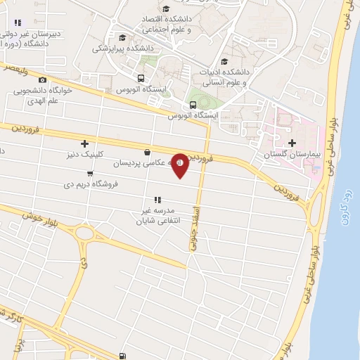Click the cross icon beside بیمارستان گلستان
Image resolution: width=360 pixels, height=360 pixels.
click(292, 143)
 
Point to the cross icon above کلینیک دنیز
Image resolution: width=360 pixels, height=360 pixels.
click(84, 143)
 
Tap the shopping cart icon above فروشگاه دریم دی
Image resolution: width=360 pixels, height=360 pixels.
click(90, 174)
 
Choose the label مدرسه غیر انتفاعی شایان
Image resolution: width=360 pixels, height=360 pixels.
click(157, 214)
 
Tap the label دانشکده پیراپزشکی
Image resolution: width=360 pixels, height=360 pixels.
click(120, 49)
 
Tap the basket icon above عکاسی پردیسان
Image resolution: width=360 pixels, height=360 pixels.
click(146, 152)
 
